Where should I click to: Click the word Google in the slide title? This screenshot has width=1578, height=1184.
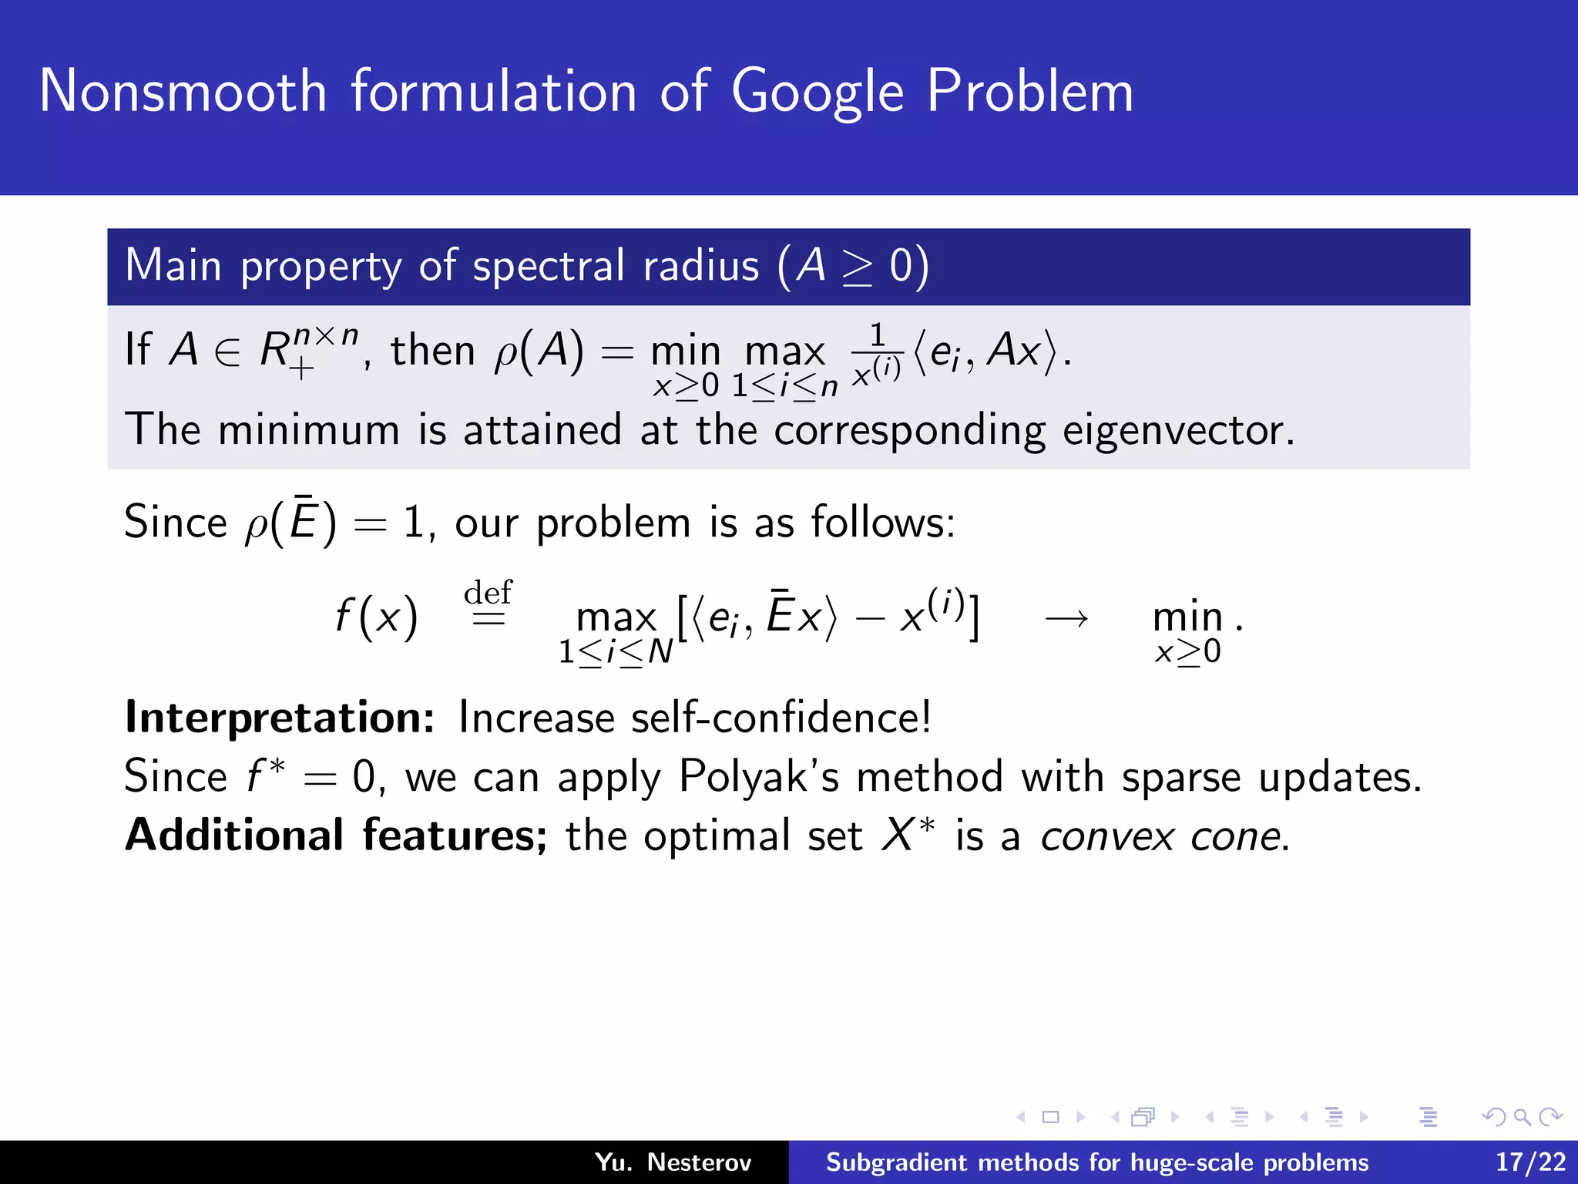click(817, 92)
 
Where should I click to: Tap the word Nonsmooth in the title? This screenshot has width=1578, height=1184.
click(183, 91)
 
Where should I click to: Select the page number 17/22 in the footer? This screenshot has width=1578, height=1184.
click(1530, 1162)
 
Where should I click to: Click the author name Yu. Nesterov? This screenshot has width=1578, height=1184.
click(673, 1162)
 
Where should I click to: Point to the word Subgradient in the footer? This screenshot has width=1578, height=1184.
click(896, 1162)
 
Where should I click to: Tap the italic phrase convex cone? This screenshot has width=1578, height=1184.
click(1163, 836)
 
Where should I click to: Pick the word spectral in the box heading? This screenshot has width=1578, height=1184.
click(548, 266)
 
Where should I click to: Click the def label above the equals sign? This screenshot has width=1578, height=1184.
click(488, 593)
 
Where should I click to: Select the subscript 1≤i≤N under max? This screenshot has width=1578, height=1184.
click(616, 652)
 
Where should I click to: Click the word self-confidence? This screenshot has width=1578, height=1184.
click(781, 718)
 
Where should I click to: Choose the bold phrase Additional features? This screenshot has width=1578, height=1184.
click(336, 836)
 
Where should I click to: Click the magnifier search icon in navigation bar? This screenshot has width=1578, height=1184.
click(1522, 1117)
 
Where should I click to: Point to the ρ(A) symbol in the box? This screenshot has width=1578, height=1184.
click(538, 351)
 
